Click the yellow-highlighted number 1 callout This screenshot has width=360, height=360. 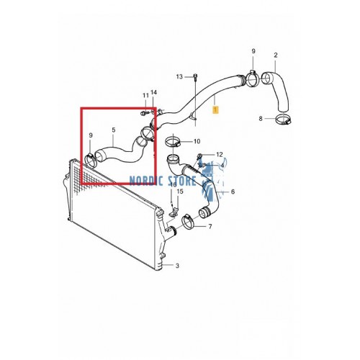tap(215, 109)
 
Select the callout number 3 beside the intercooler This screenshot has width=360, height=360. tap(177, 266)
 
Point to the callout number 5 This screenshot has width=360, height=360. tap(112, 130)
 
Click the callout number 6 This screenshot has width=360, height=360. tap(233, 192)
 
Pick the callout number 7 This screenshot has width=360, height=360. tap(210, 227)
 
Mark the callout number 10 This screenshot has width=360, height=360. tap(197, 141)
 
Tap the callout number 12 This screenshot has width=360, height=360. tap(220, 156)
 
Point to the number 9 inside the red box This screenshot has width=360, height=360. tap(91, 135)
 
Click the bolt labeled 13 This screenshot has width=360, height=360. tap(194, 76)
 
